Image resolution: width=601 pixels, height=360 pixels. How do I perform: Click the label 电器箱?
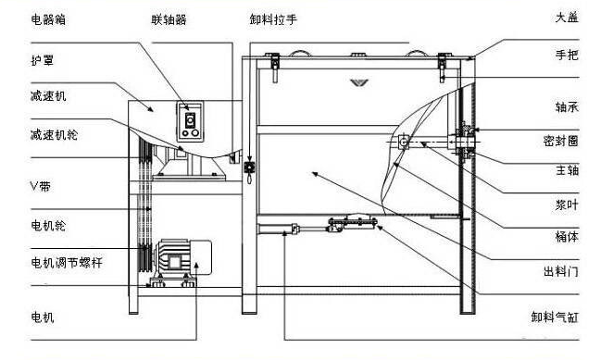point(48,19)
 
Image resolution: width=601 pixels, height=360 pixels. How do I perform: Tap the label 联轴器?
point(169,19)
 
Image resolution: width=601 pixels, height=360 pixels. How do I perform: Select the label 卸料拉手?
point(273,19)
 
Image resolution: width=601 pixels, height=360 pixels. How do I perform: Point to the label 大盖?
point(567,18)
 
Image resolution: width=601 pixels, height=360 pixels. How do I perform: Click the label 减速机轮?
point(54,135)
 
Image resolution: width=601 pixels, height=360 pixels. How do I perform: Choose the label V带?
point(41,186)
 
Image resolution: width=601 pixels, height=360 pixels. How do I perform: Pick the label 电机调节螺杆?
point(67,263)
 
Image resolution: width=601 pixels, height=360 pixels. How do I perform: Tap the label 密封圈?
point(561,141)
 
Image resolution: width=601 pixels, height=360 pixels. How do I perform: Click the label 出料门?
point(561,271)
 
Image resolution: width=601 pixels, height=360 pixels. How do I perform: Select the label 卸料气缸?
point(555,317)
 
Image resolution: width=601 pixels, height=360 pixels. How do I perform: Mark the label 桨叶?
point(567,205)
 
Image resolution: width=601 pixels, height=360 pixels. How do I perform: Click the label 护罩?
point(43,60)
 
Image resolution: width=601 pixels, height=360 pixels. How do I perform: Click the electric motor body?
point(182,257)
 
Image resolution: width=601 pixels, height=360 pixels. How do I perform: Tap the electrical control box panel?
point(190,121)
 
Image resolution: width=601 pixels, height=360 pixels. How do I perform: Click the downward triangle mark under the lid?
point(359,82)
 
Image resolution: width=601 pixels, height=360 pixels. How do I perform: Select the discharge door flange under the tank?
point(353,222)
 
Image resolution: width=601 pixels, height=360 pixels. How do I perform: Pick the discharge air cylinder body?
point(278,229)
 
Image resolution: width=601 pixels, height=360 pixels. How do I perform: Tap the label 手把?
point(567,55)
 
